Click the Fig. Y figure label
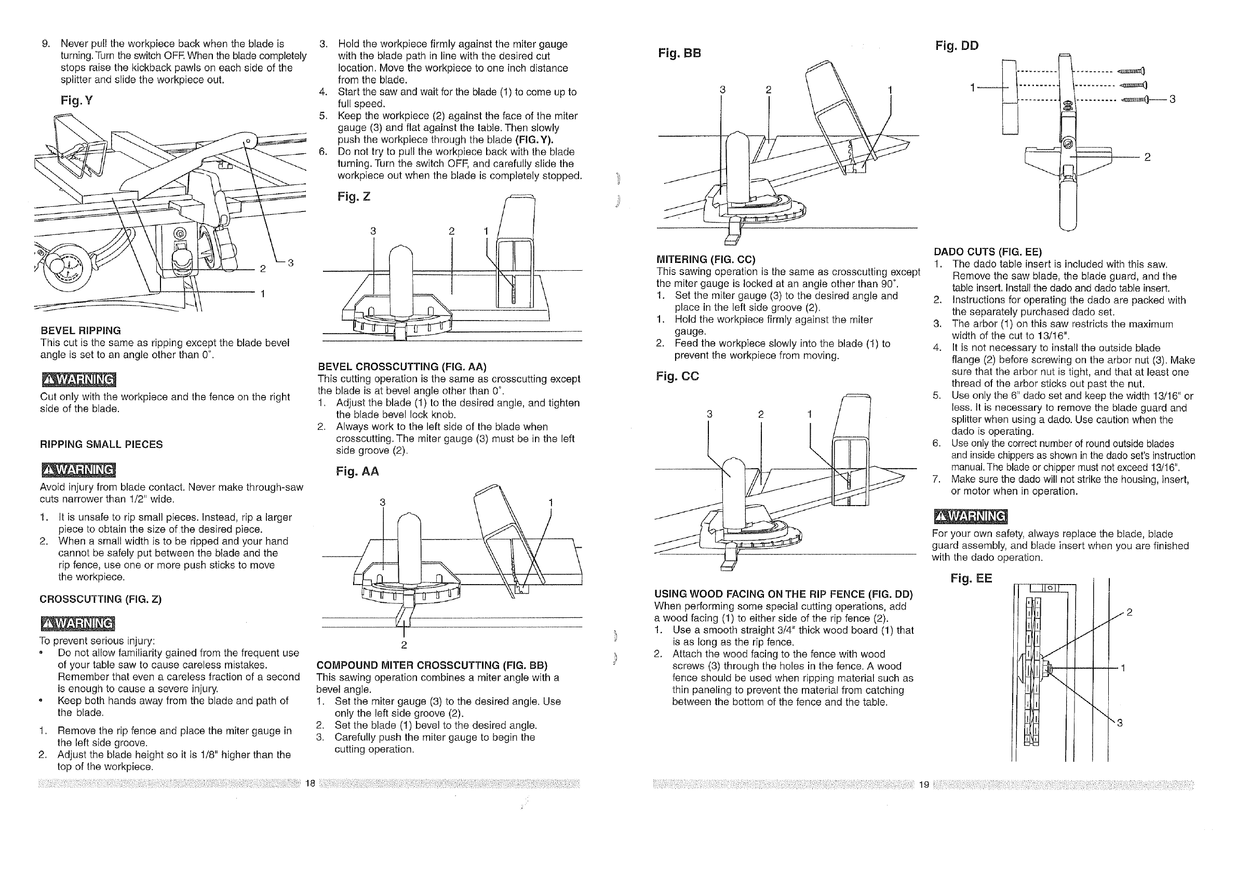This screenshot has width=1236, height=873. click(77, 100)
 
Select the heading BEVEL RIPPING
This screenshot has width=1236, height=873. click(80, 330)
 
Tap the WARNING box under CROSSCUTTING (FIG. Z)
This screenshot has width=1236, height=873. click(77, 624)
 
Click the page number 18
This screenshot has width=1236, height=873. click(310, 784)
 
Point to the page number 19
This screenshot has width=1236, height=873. click(924, 784)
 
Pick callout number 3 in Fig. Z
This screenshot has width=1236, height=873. click(372, 231)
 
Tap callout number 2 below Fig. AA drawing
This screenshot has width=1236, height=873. click(404, 645)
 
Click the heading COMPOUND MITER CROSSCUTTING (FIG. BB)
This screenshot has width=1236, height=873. click(432, 665)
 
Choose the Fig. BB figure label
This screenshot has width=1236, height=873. click(679, 54)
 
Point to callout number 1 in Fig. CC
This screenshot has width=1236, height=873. click(809, 414)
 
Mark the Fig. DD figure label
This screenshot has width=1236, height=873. click(957, 45)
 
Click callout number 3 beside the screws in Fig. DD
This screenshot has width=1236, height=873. click(1173, 99)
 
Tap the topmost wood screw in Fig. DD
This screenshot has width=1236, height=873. click(1131, 71)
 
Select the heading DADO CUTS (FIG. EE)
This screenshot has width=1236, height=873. click(988, 252)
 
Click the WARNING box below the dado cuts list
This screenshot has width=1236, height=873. click(970, 516)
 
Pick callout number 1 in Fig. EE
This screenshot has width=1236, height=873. click(1123, 668)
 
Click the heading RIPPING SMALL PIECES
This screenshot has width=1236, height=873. click(101, 444)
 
